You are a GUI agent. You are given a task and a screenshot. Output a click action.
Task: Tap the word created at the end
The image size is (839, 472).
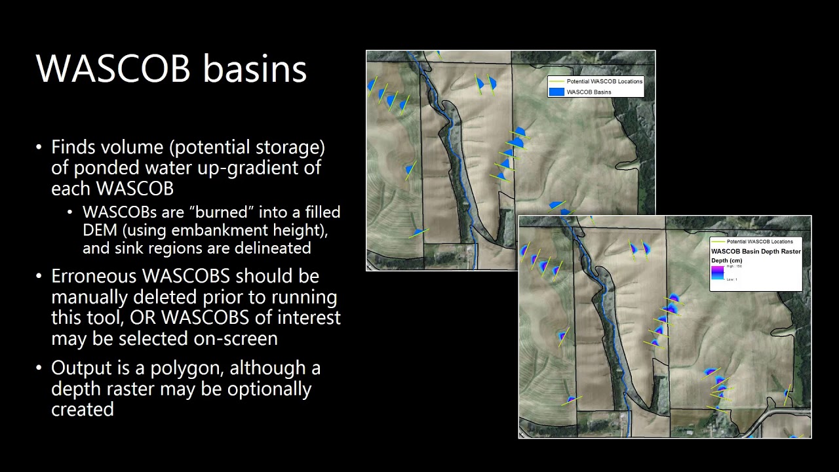[83, 410]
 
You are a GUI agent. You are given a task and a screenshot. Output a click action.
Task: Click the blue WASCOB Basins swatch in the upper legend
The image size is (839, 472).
[556, 92]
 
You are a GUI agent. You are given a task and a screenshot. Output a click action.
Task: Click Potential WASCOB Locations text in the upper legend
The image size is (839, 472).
[604, 81]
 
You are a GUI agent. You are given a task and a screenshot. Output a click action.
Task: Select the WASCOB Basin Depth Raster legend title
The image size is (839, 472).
[756, 251]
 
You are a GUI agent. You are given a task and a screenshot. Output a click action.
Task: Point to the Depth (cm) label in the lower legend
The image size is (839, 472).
[726, 261]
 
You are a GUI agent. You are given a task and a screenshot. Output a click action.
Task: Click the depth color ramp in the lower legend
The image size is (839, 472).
[717, 272]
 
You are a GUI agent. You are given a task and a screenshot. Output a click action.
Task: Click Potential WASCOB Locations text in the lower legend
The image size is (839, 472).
[760, 242]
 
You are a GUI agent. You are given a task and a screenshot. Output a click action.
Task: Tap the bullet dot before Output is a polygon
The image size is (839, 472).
[39, 368]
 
